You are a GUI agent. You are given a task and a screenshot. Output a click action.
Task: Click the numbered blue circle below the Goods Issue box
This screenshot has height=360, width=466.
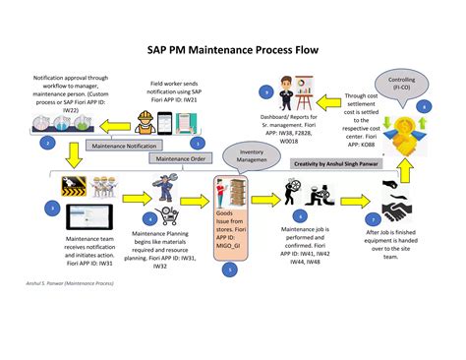pos(229,268)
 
